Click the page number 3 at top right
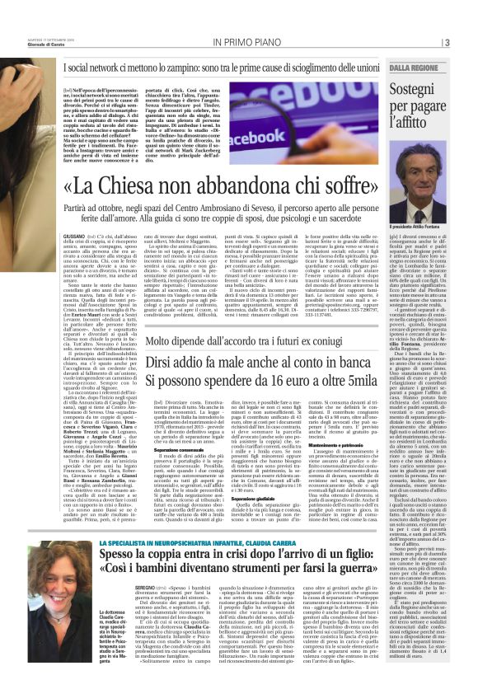pyautogui.click(x=445, y=42)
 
